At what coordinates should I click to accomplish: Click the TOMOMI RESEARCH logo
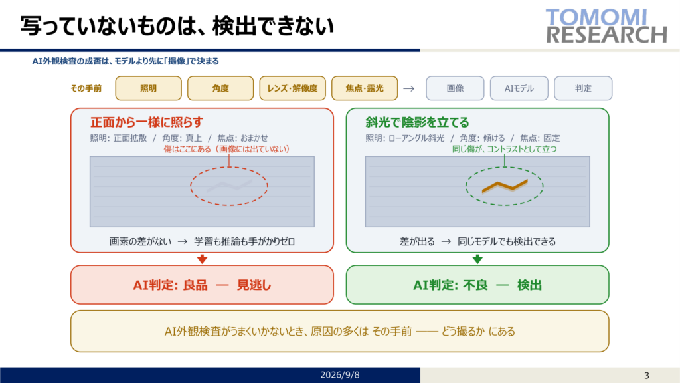[x=606, y=26]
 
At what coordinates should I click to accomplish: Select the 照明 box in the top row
[x=148, y=88]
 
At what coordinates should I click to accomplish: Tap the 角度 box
[x=220, y=88]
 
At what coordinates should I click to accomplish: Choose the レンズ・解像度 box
[x=292, y=88]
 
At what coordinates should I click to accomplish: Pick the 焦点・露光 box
[x=365, y=88]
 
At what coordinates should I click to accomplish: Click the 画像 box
[x=455, y=88]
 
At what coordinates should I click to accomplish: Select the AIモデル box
[x=519, y=88]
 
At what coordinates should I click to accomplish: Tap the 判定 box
[x=583, y=88]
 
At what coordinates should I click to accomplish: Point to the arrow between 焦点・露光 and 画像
[x=408, y=88]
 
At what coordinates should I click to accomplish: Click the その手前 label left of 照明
[x=86, y=88]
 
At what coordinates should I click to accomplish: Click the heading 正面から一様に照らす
[x=147, y=122]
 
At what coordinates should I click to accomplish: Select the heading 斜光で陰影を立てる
[x=417, y=122]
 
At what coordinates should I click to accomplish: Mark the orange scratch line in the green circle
[x=505, y=186]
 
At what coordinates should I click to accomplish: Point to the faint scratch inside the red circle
[x=229, y=186]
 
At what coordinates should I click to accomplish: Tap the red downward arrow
[x=202, y=259]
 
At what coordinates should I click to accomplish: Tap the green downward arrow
[x=477, y=259]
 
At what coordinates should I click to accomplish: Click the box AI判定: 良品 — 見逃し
[x=202, y=285]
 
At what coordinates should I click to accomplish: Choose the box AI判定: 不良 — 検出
[x=477, y=285]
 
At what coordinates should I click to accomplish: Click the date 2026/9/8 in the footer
[x=340, y=375]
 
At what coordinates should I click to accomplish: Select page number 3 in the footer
[x=647, y=376]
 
